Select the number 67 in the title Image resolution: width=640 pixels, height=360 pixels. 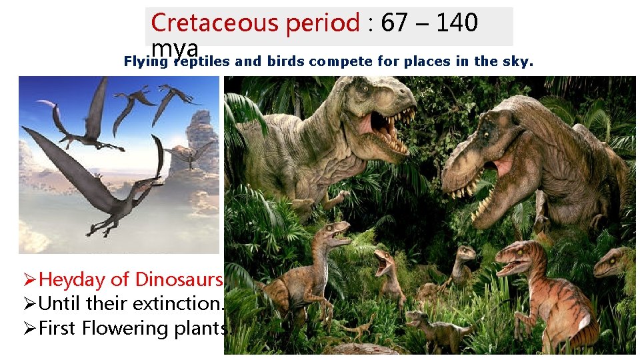click(x=394, y=23)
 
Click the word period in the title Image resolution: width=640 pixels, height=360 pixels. click(x=323, y=24)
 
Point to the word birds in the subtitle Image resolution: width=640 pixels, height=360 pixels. click(x=287, y=62)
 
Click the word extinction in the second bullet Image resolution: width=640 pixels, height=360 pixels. click(x=180, y=304)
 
